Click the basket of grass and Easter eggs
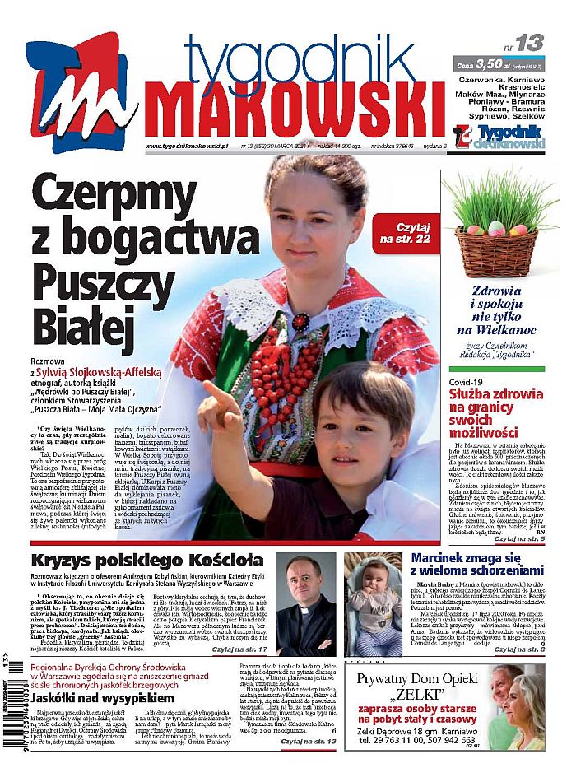(x=503, y=230)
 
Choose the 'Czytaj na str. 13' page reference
(x=308, y=765)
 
